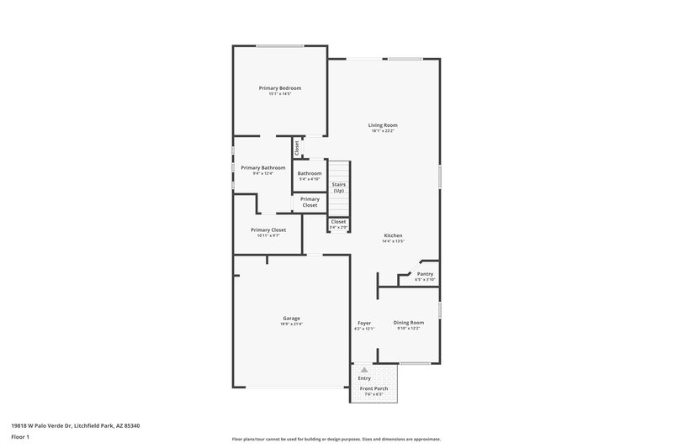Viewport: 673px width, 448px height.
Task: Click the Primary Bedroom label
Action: tap(280, 88)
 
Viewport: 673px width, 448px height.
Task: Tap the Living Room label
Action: tap(383, 125)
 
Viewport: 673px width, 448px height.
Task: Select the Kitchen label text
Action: tap(395, 235)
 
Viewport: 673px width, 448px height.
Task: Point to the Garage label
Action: tap(291, 319)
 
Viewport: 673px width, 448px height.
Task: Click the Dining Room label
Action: tap(410, 323)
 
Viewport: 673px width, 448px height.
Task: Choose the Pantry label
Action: tap(425, 274)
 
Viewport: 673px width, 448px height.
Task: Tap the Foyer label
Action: tap(364, 323)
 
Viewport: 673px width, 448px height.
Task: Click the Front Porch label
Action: tap(374, 388)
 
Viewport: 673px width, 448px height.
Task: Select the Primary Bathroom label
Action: tap(263, 167)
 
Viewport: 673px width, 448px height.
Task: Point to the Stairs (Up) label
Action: tap(338, 187)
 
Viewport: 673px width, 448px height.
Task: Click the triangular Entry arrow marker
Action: tap(363, 369)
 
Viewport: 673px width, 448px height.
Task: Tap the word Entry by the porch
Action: tap(364, 378)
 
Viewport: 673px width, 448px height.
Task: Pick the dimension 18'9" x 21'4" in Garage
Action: tap(291, 324)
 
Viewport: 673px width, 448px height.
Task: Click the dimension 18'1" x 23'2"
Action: tap(383, 131)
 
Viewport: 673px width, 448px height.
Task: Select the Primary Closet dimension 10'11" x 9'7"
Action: tap(268, 235)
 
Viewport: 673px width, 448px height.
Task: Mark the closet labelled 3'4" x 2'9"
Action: tap(338, 227)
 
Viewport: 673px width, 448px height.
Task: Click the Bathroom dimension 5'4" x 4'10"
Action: tap(310, 179)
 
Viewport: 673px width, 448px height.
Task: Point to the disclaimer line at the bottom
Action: tap(336, 439)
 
